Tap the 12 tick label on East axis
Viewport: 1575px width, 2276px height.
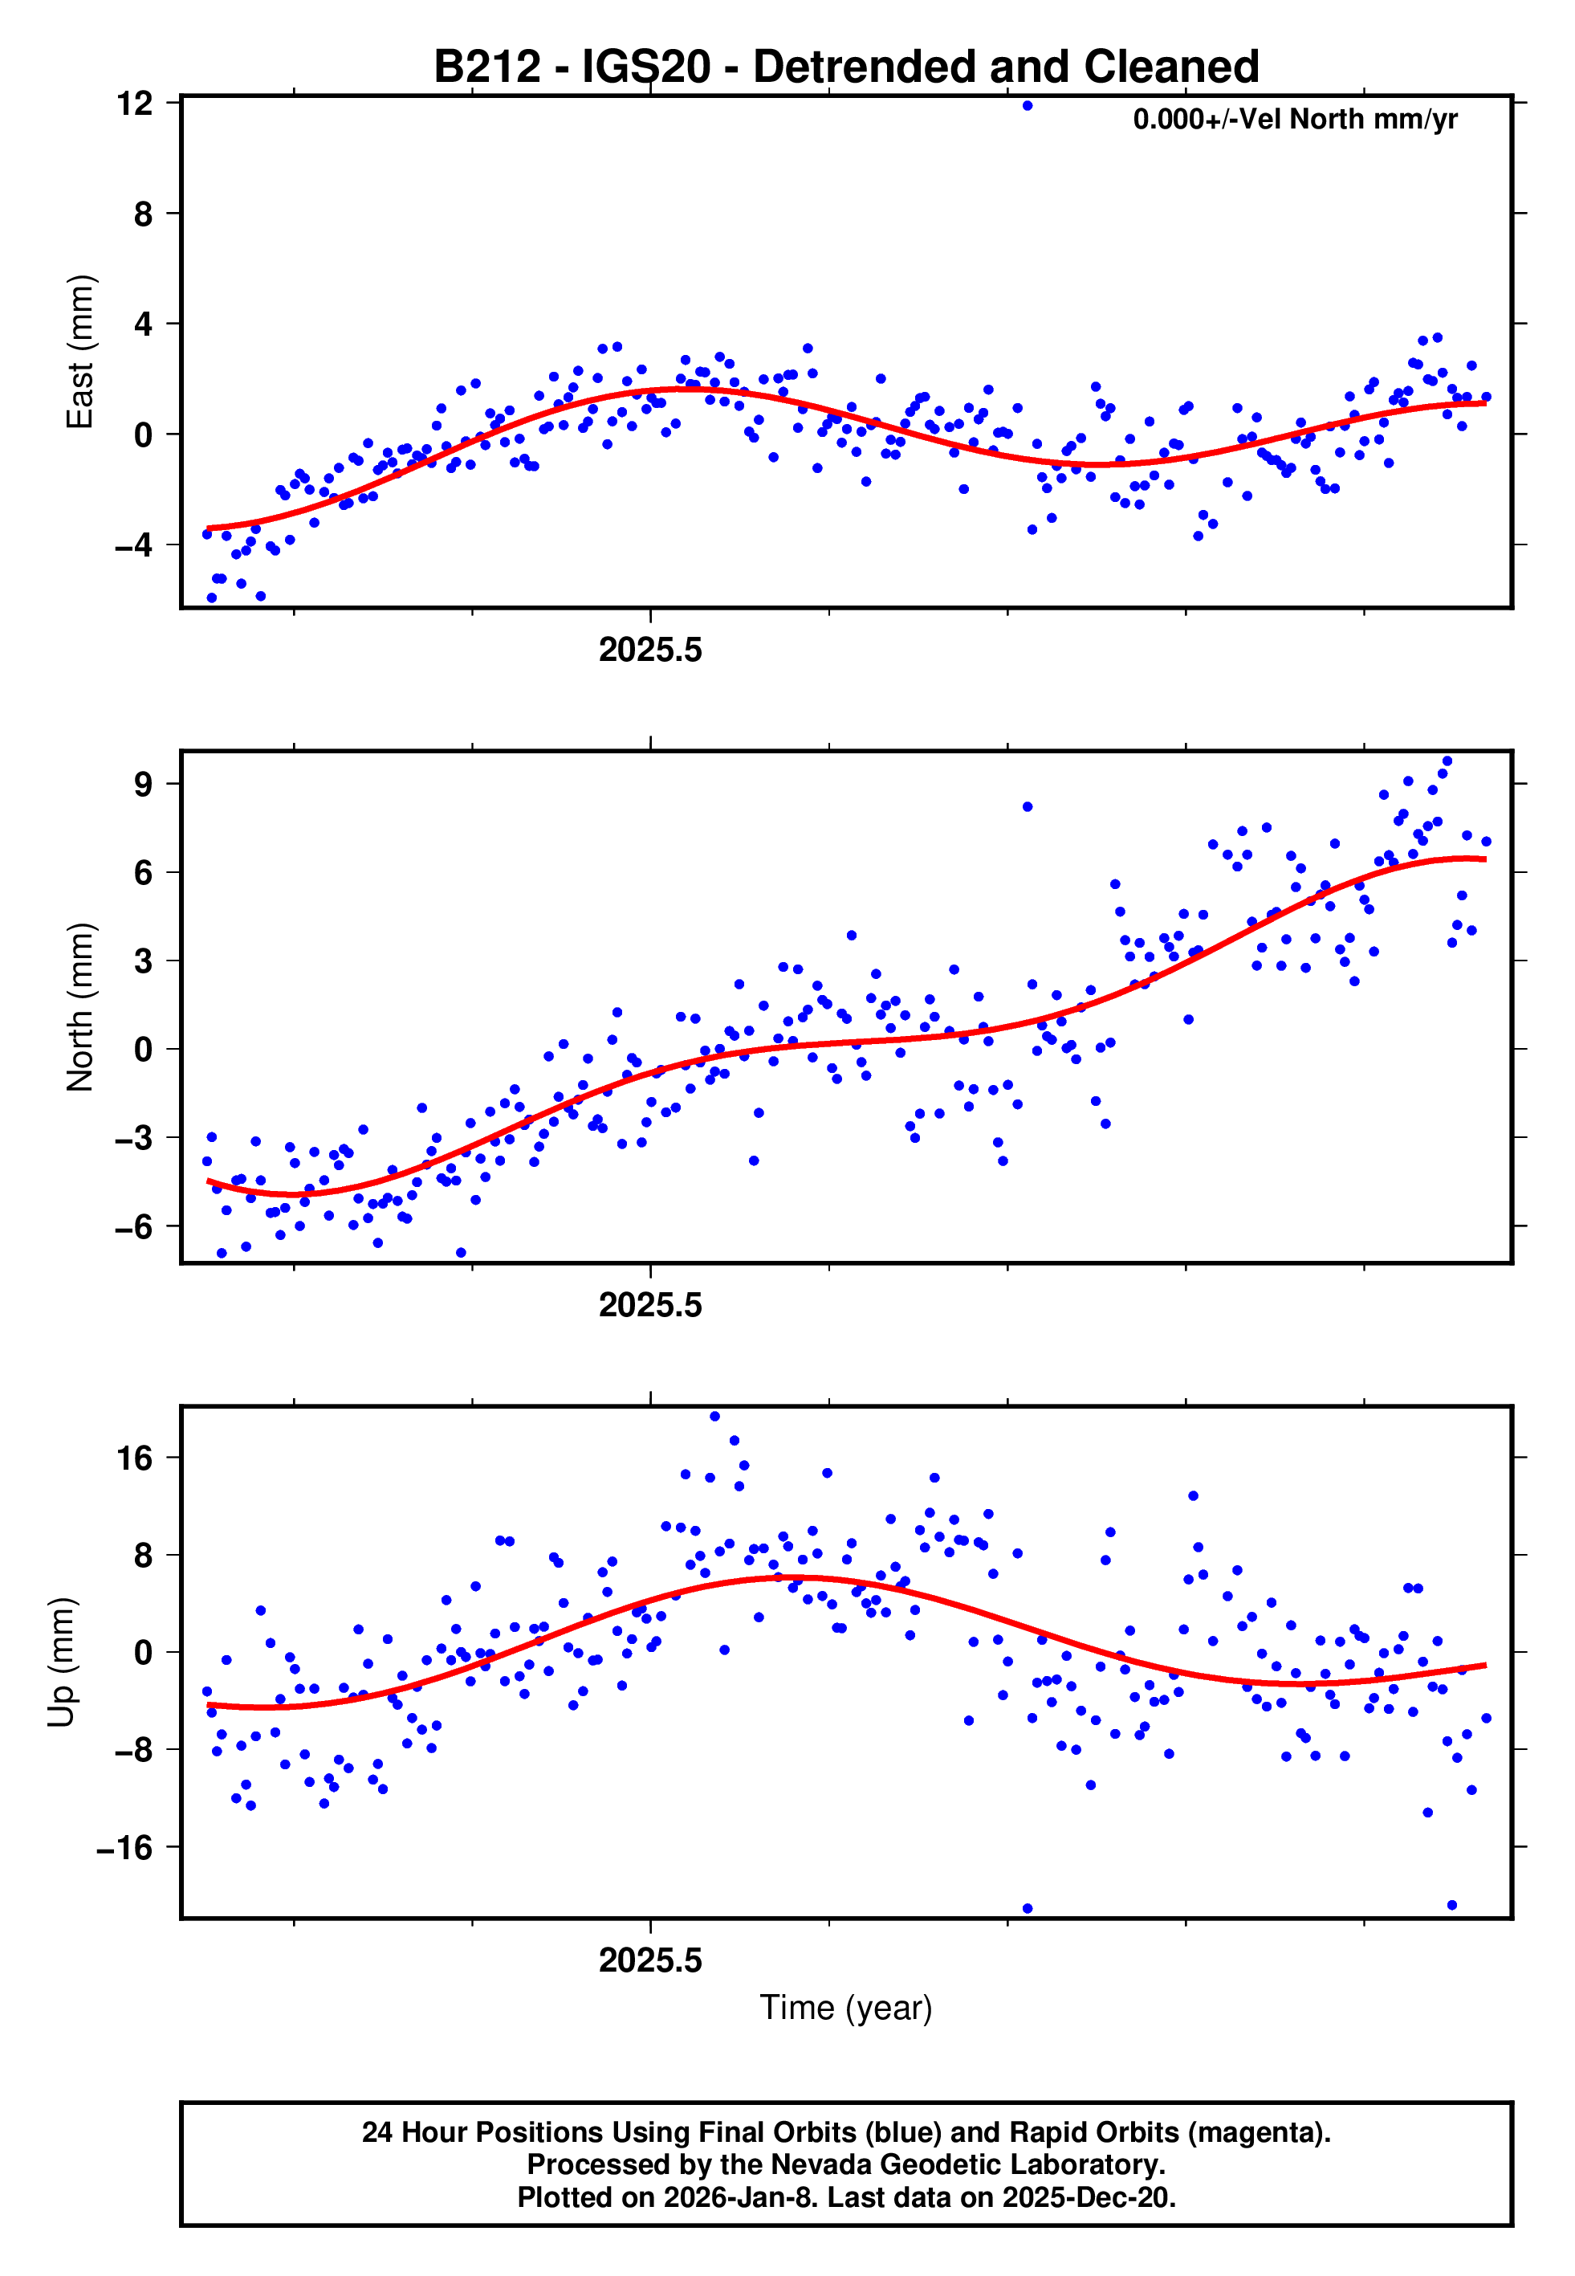coord(134,103)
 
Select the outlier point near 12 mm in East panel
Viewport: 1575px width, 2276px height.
coord(1028,105)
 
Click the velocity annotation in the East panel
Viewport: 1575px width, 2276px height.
coord(1294,120)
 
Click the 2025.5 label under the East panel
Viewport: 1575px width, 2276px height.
coord(650,651)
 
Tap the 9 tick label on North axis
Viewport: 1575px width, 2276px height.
coord(144,785)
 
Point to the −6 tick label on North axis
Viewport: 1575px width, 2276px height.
coord(133,1227)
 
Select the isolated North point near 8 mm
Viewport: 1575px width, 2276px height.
coord(1028,807)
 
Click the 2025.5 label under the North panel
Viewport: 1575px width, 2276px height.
coord(650,1305)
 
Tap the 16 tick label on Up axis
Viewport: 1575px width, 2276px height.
coord(134,1458)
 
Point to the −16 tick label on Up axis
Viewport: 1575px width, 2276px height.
coord(124,1848)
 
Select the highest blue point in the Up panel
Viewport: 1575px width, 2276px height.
coord(714,1417)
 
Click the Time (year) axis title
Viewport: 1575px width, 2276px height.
coord(846,2009)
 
